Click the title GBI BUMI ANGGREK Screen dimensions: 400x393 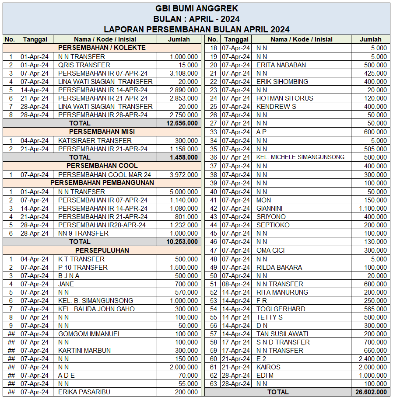[x=196, y=8]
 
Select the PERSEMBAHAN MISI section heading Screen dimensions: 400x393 [x=102, y=132]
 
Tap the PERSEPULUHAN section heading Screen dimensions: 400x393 [x=102, y=250]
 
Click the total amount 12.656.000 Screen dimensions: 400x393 [x=182, y=123]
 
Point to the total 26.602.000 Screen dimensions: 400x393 [x=371, y=392]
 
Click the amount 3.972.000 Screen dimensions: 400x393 [x=183, y=174]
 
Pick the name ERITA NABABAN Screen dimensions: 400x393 [x=281, y=65]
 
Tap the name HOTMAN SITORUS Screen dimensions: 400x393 [x=284, y=98]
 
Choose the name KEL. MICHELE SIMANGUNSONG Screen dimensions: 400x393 [x=300, y=157]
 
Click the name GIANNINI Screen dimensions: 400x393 [x=269, y=209]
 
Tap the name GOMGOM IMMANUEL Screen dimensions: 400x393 [x=89, y=334]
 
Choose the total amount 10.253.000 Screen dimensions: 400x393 [x=182, y=242]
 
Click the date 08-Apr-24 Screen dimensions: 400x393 [x=236, y=284]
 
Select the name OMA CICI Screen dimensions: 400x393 [x=270, y=250]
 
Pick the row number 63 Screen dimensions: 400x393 [x=214, y=384]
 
